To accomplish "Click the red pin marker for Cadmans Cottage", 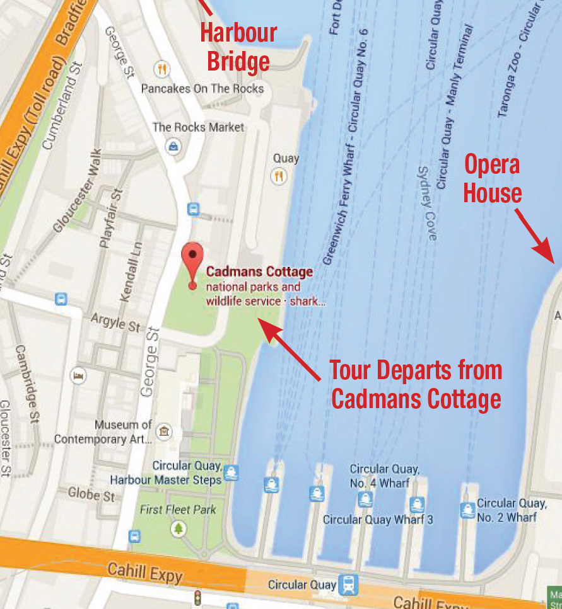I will tap(192, 259).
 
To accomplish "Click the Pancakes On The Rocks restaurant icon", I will tap(162, 69).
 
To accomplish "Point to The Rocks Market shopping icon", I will tap(172, 146).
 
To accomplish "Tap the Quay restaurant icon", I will tap(279, 176).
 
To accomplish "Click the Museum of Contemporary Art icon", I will tap(164, 431).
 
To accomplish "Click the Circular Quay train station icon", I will tap(348, 584).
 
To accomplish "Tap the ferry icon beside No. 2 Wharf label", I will tap(467, 509).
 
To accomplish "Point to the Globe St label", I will tap(92, 494).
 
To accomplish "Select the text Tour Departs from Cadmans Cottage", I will tap(416, 384).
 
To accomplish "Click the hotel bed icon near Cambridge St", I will tap(79, 376).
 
